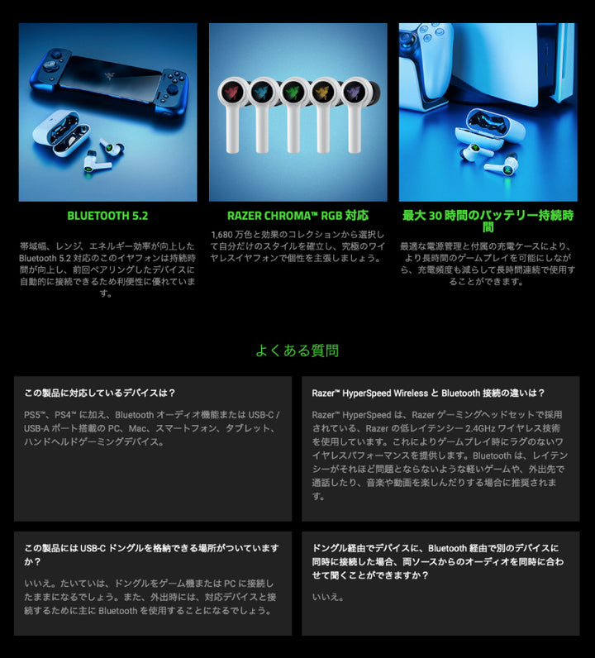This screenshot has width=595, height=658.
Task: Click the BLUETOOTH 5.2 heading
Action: tap(107, 216)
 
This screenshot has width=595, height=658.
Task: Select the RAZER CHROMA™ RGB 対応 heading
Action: tap(297, 216)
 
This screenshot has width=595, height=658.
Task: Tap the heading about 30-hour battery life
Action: tap(488, 222)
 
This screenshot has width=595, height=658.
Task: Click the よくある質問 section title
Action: tap(297, 350)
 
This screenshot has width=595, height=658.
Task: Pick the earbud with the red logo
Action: tap(231, 113)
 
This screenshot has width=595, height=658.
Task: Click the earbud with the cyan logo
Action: tap(262, 113)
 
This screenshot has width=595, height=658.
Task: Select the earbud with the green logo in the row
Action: tap(293, 113)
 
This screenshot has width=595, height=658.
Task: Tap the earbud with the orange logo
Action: tap(323, 113)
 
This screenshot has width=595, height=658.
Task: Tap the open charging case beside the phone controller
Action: tap(61, 132)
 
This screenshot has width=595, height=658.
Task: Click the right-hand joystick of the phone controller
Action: tap(172, 89)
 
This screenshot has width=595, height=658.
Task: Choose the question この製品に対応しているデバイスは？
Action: tap(99, 393)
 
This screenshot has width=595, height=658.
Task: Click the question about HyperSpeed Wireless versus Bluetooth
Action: tap(428, 393)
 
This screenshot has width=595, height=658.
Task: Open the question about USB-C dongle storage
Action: tap(151, 555)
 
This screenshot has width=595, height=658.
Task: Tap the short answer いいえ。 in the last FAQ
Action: tap(328, 597)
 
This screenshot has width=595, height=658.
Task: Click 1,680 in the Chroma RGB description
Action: tap(221, 235)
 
